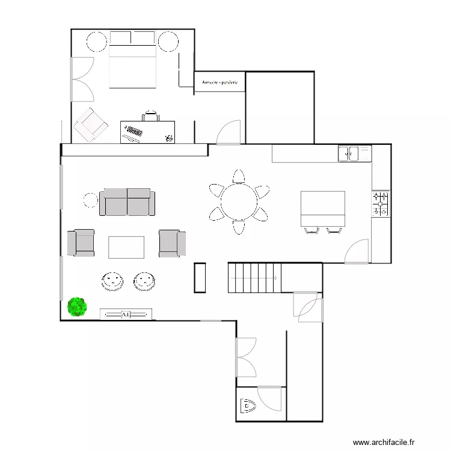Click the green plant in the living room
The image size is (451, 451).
pyautogui.click(x=77, y=307)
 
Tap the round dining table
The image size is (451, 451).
pyautogui.click(x=239, y=201)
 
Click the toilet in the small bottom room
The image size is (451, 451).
pyautogui.click(x=247, y=407)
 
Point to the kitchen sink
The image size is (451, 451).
pyautogui.click(x=348, y=154)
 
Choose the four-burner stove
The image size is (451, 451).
pyautogui.click(x=380, y=204)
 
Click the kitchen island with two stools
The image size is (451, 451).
pyautogui.click(x=323, y=209)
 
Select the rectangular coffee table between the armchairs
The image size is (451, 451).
pyautogui.click(x=126, y=247)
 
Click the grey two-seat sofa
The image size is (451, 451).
pyautogui.click(x=127, y=202)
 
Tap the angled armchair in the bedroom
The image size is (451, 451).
pyautogui.click(x=90, y=124)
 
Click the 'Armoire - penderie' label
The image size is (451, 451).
pyautogui.click(x=219, y=82)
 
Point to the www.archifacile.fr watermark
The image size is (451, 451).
pyautogui.click(x=384, y=442)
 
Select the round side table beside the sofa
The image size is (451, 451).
pyautogui.click(x=90, y=200)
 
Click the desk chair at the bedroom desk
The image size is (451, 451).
pyautogui.click(x=151, y=115)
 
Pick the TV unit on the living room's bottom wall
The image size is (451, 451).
pyautogui.click(x=126, y=314)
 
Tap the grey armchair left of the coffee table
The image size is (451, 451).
pyautogui.click(x=81, y=242)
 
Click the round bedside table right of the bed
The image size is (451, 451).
pyautogui.click(x=168, y=42)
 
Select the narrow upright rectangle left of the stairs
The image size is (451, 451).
pyautogui.click(x=200, y=278)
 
